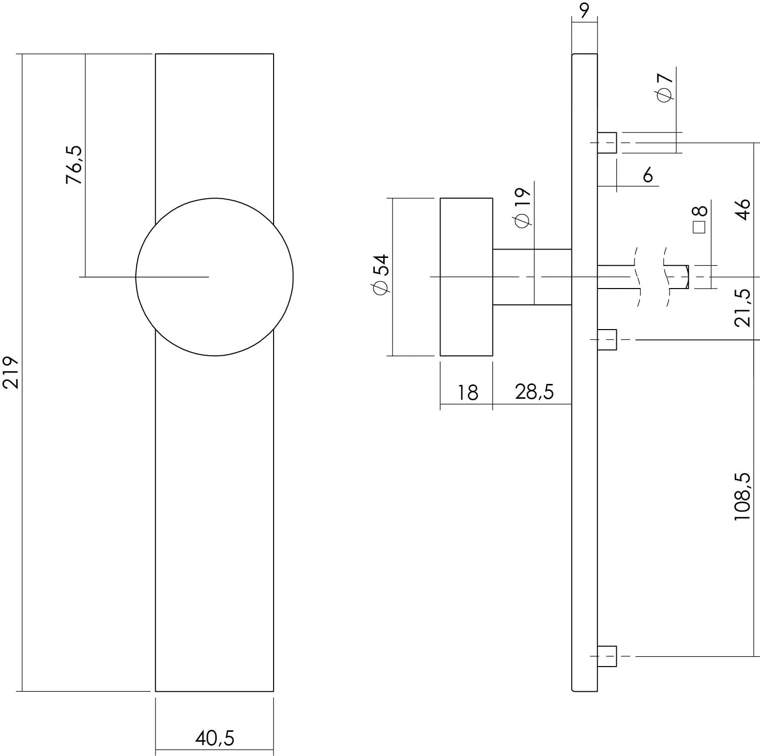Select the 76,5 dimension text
coord(75,165)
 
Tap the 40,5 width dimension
coord(214,738)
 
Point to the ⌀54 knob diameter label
coord(381,275)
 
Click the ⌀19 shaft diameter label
coord(522,208)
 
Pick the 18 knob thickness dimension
coord(467,392)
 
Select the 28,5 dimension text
coord(534,392)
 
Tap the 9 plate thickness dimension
coord(584,10)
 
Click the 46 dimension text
coord(742,209)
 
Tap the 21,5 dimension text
coord(742,308)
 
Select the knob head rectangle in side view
coord(466,277)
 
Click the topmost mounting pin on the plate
coord(607,143)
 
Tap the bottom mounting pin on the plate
coord(607,656)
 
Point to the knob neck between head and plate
coord(532,277)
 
